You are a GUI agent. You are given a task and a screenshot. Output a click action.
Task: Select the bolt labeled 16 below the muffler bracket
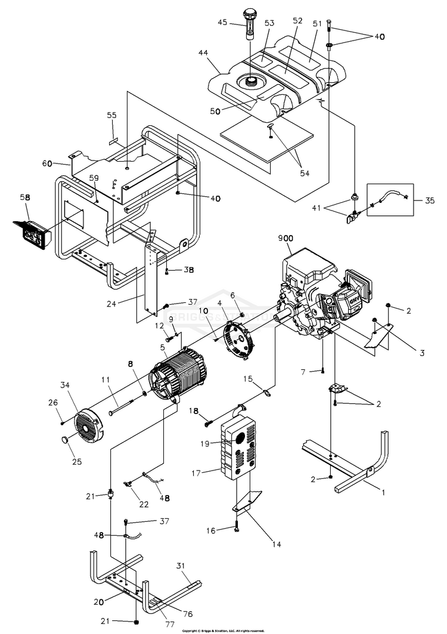[237, 527]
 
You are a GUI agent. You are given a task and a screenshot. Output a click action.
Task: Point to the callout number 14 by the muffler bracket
[275, 544]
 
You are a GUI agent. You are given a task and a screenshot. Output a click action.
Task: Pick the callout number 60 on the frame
[47, 163]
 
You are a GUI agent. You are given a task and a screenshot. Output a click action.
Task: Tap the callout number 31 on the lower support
[182, 565]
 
